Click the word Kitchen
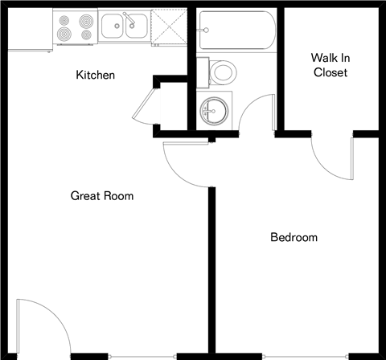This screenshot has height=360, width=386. pos(96,76)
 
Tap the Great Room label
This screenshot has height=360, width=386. pos(102,195)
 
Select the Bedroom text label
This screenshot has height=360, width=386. pos(294,238)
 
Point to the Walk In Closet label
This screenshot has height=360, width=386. pos(330,65)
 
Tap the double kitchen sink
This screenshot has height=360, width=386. pos(124,27)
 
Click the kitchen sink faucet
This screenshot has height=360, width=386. pos(125,18)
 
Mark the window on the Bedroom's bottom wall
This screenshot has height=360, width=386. pos(305,354)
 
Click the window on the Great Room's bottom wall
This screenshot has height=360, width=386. pos(142,354)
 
